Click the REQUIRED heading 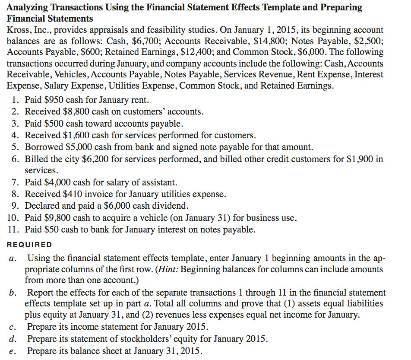(x=29, y=245)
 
